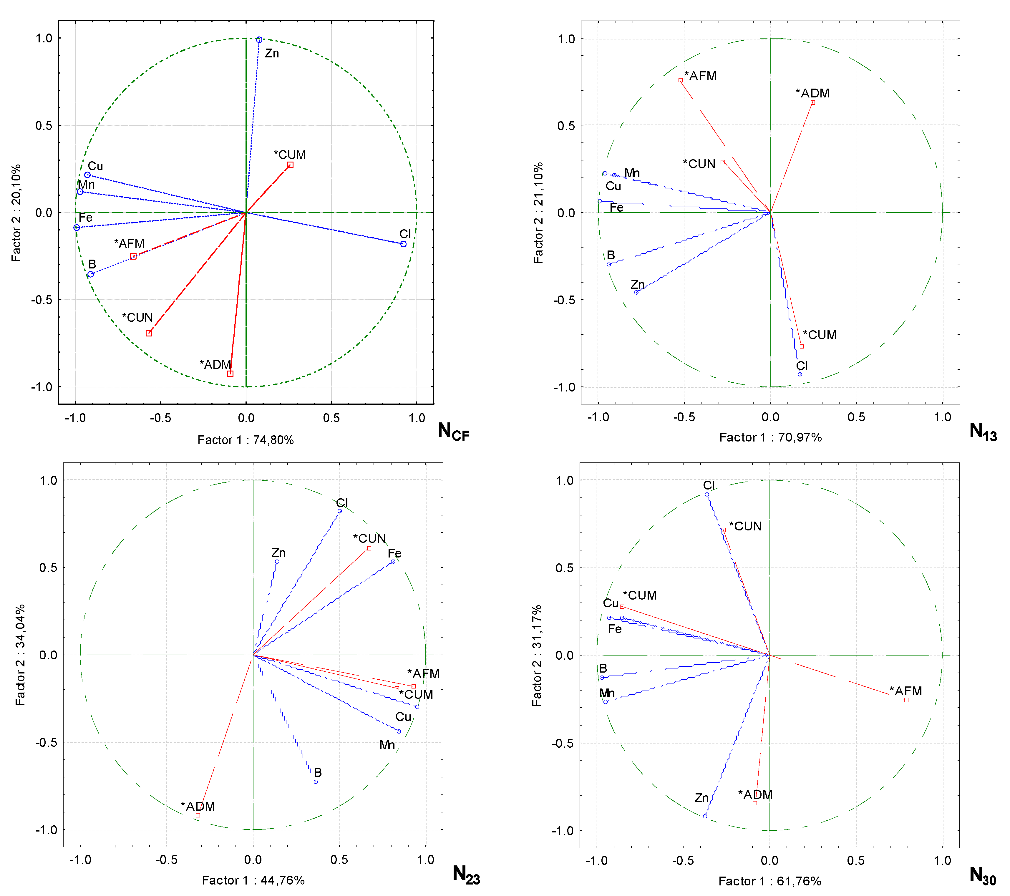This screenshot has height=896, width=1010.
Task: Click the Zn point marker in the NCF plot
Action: (x=259, y=39)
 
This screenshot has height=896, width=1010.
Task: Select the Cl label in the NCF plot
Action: (x=405, y=234)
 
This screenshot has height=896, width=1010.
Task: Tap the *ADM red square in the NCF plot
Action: (x=230, y=374)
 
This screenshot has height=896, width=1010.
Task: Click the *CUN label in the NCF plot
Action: (x=137, y=317)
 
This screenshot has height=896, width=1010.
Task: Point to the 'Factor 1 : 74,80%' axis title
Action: (x=246, y=440)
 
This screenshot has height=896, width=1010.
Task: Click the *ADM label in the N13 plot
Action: (x=812, y=93)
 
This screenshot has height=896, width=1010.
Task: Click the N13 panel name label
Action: (x=983, y=432)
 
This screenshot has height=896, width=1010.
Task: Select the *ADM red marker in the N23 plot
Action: (x=198, y=815)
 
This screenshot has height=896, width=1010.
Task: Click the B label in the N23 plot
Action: (x=318, y=772)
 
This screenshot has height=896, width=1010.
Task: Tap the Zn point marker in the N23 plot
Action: (x=277, y=561)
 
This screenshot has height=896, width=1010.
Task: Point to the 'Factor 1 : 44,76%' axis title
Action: (x=253, y=880)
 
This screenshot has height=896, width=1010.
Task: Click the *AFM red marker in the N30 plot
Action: (x=906, y=700)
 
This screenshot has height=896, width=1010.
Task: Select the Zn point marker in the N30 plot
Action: (x=705, y=816)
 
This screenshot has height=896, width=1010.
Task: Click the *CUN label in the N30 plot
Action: (x=745, y=526)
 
